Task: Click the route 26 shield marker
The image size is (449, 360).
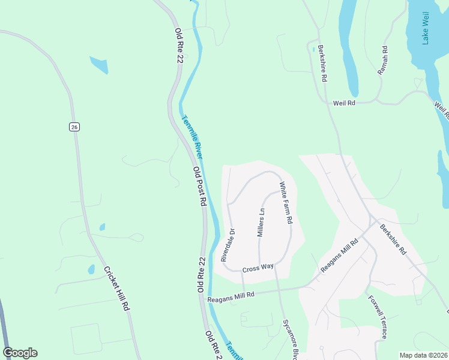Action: (x=74, y=127)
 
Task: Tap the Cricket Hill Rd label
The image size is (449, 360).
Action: (x=116, y=288)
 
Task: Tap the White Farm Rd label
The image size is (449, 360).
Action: (x=286, y=203)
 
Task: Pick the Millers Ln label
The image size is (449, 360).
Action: (x=261, y=222)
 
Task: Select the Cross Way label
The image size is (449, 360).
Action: (x=258, y=268)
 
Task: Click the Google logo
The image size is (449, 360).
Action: (x=20, y=353)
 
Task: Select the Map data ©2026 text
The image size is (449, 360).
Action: (x=423, y=355)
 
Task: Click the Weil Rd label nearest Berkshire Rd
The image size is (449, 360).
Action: (x=345, y=103)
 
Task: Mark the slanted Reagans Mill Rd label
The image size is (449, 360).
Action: (x=339, y=256)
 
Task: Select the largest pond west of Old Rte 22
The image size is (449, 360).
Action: (x=100, y=65)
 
